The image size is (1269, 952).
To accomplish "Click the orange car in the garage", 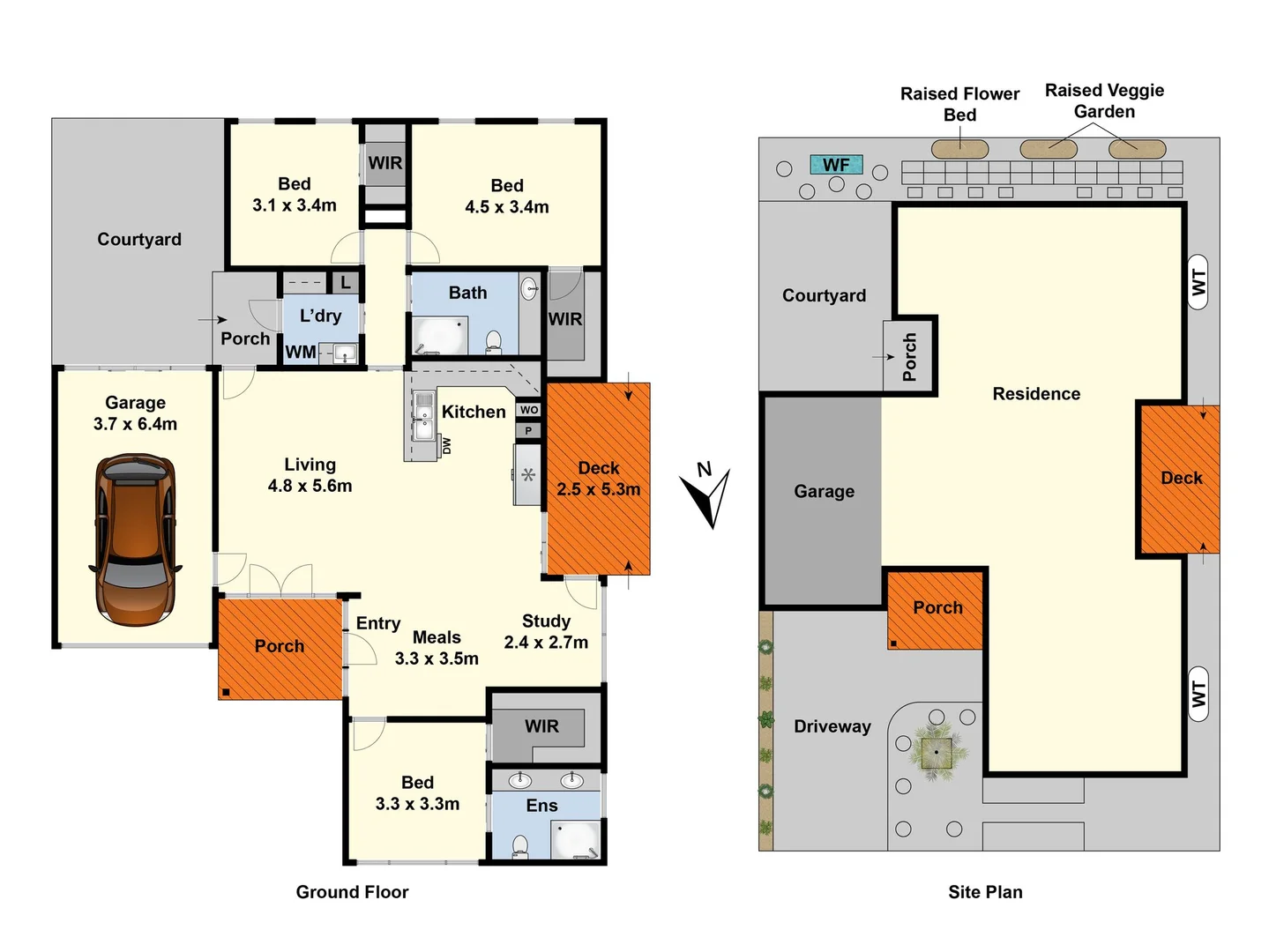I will click(135, 539).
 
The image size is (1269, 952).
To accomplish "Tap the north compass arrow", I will click(709, 496).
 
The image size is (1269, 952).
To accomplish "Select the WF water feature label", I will click(836, 165).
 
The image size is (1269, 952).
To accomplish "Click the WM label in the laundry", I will click(300, 352).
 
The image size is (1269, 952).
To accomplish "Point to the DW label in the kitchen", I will click(446, 446).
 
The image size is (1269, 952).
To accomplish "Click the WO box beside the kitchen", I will click(528, 410).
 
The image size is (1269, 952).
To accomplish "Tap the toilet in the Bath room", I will click(494, 341).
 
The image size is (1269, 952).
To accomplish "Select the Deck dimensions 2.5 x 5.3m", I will click(598, 489).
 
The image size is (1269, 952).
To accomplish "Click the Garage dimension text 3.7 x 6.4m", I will click(135, 424).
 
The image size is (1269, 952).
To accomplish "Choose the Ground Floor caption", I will click(352, 892).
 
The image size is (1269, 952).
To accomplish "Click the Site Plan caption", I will click(985, 892).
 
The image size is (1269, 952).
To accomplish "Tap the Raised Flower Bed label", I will click(959, 104).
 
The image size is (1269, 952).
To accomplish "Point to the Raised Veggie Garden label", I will click(1104, 100).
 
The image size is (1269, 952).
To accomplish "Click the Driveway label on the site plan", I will click(832, 726).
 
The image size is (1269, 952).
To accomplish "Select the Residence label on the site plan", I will click(1036, 394).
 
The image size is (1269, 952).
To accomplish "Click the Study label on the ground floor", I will click(546, 621).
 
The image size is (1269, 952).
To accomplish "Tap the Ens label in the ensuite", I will click(541, 806).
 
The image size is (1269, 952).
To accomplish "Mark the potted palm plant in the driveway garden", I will click(937, 752).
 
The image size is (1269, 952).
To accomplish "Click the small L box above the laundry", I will click(346, 283).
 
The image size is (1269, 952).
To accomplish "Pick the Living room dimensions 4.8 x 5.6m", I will click(310, 486).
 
